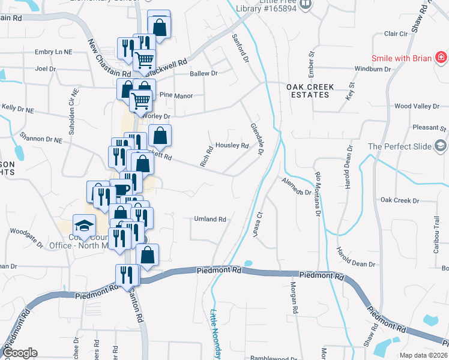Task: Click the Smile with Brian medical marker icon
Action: tap(441, 58)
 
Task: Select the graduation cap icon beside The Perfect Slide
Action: tap(441, 146)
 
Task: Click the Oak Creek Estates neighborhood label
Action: tap(310, 91)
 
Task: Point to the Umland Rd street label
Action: tap(209, 220)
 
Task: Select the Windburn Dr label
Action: tap(372, 69)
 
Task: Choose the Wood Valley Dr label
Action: tap(417, 106)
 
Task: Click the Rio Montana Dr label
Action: tap(318, 194)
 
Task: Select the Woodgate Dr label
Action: tap(28, 238)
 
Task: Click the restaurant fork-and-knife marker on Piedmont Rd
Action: tap(127, 274)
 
